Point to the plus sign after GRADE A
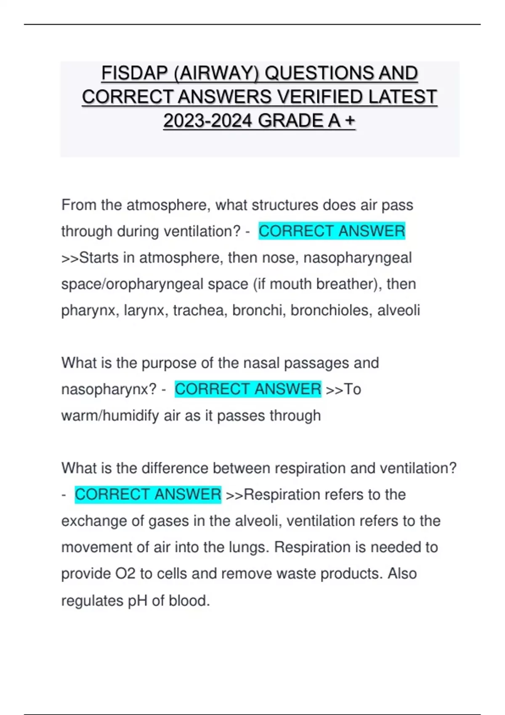pos(350,121)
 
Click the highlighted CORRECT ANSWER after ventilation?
pos(332,231)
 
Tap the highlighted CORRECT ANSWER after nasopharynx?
pos(248,389)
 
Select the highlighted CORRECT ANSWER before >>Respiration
pos(148,494)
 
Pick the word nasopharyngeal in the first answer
pos(357,257)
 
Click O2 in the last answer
pos(125,574)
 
